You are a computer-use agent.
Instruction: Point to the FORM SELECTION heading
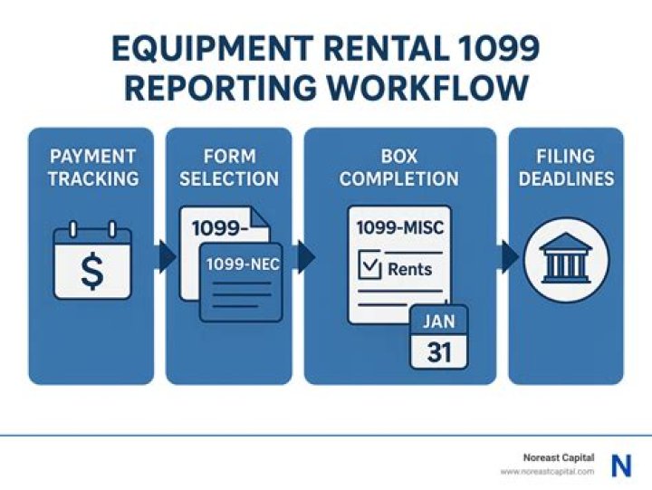[x=228, y=167]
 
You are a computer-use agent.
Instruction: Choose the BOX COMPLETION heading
[x=399, y=167]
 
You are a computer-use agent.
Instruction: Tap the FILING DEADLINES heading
[x=566, y=167]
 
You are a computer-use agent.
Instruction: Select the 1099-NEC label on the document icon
[x=240, y=264]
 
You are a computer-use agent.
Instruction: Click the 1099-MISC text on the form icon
[x=399, y=227]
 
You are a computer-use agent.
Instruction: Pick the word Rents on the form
[x=409, y=269]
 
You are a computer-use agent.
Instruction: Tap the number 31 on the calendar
[x=439, y=351]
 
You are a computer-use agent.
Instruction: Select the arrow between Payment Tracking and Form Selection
[x=166, y=257]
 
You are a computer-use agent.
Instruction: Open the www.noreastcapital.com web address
[x=547, y=472]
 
